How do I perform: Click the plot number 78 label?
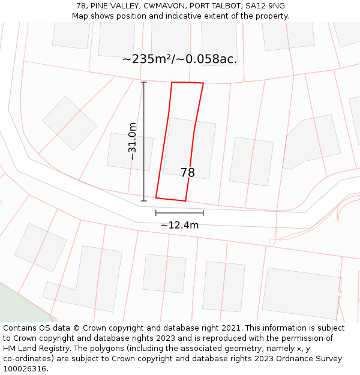pyautogui.click(x=187, y=173)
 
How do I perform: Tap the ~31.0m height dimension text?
pyautogui.click(x=133, y=141)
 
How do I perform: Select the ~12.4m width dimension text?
pyautogui.click(x=179, y=226)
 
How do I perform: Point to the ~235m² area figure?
pyautogui.click(x=146, y=59)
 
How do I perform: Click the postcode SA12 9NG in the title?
pyautogui.click(x=265, y=6)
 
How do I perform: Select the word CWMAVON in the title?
pyautogui.click(x=160, y=6)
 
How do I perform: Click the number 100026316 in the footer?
pyautogui.click(x=24, y=369)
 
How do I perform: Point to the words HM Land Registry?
pyautogui.click(x=33, y=349)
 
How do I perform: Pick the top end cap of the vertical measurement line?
pyautogui.click(x=143, y=82)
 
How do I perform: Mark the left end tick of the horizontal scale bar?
pyautogui.click(x=156, y=212)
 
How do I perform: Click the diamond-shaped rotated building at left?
pyautogui.click(x=69, y=123)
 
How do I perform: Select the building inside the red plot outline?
pyautogui.click(x=189, y=147)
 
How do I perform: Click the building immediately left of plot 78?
pyautogui.click(x=130, y=152)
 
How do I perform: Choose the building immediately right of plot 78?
pyautogui.click(x=251, y=161)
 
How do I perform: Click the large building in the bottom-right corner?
pyautogui.click(x=301, y=293)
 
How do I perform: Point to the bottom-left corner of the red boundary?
pyautogui.click(x=156, y=197)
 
